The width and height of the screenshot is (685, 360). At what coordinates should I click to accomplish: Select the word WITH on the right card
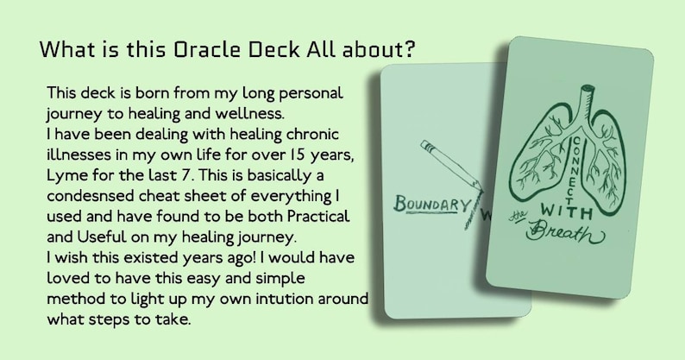[562, 210]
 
